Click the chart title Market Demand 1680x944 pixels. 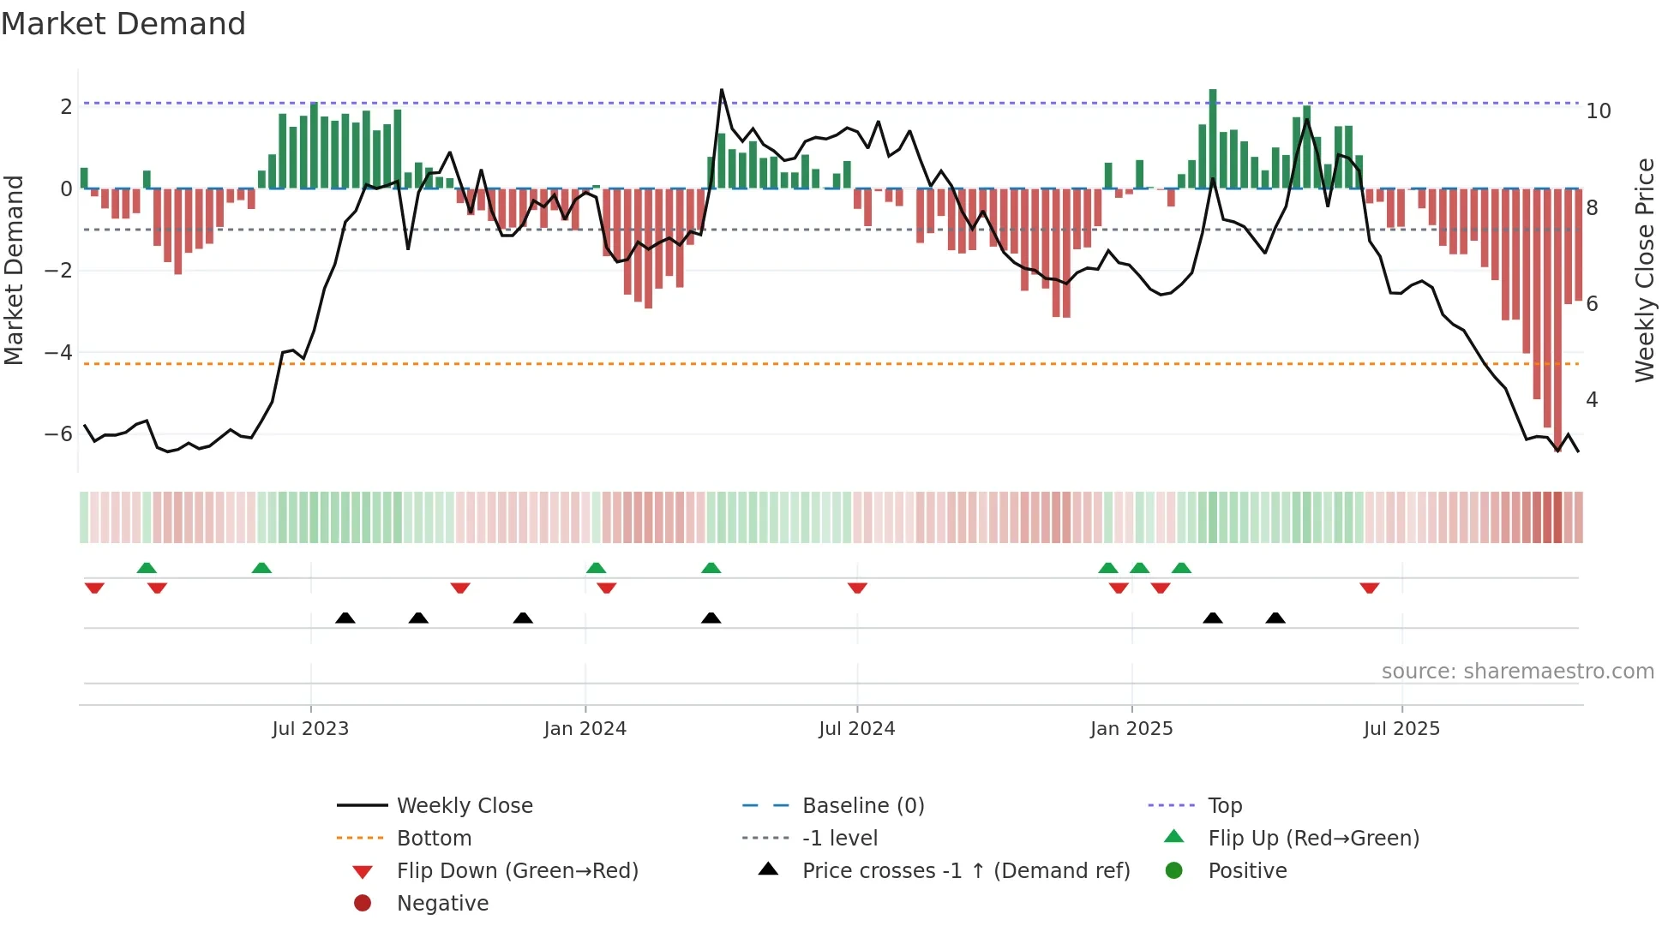123,24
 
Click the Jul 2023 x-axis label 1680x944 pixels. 310,729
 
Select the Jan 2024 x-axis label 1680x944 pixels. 585,729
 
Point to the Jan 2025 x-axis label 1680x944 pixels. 1131,729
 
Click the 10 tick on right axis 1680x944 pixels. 1599,111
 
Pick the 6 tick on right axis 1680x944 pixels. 1593,304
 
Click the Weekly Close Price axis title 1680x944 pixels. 1644,270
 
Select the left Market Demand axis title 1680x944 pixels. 14,270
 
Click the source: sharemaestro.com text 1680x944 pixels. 1517,672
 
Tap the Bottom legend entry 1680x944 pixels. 434,839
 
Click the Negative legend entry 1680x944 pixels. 442,904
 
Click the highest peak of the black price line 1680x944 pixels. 722,90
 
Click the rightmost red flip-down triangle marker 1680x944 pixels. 1369,588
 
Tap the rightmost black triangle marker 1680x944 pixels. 1275,618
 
